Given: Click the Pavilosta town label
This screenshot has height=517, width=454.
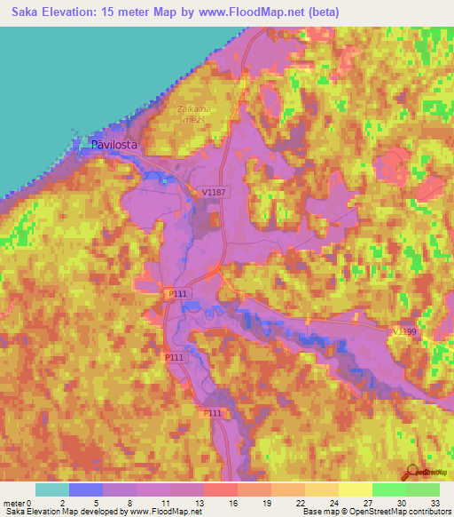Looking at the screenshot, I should point(116,147).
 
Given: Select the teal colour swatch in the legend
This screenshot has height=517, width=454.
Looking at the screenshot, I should point(52,489).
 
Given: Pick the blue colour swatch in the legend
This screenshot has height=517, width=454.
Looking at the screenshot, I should point(86,489).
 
